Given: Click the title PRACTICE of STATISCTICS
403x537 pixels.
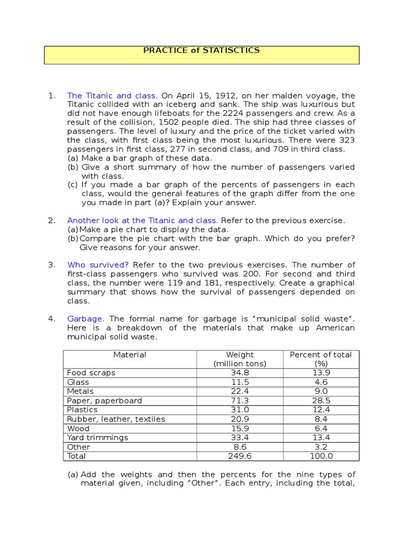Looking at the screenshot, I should tap(201, 51).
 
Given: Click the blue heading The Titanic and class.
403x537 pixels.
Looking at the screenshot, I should tap(112, 95).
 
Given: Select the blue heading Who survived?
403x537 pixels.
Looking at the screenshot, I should tap(98, 265).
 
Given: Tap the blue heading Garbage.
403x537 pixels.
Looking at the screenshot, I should tap(86, 319).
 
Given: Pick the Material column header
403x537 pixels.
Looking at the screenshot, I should tap(130, 355).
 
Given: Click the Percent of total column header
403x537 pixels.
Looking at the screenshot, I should tap(321, 355).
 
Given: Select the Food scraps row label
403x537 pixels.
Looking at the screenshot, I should tap(91, 373).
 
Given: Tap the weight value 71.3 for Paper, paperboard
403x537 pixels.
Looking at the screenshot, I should tap(240, 401).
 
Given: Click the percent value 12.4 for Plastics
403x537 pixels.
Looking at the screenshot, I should tap(321, 410).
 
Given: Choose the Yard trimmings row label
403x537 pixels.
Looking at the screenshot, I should tap(98, 438).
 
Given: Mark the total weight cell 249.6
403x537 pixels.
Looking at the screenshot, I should tap(240, 456).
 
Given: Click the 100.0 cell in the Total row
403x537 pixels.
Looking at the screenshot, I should tap(321, 456).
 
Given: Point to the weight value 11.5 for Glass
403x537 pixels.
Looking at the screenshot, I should tap(240, 382).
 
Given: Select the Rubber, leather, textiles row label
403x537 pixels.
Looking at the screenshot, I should tap(116, 419).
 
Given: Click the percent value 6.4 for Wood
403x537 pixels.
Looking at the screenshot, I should tap(321, 428).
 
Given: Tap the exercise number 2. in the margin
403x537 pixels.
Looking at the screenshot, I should tap(51, 221).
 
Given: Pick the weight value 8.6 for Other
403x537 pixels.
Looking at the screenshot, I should tap(240, 447).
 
